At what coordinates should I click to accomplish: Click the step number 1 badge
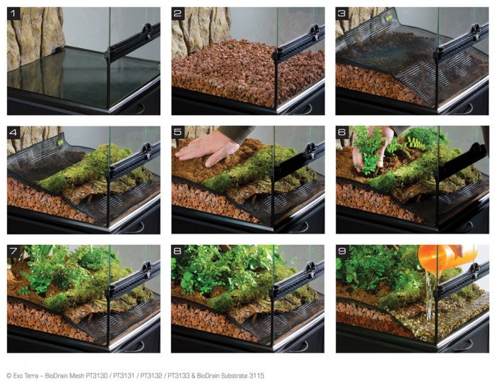pos(13,13)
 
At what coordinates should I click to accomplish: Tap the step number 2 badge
pos(177,13)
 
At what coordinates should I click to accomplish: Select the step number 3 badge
pos(342,13)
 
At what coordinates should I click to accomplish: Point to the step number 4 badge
pos(13,132)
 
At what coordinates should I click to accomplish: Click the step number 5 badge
pos(177,132)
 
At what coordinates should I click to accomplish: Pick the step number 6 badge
pos(342,132)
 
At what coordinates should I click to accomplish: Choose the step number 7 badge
pos(13,251)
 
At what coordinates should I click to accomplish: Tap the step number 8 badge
pos(177,251)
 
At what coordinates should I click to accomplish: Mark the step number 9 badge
pos(342,251)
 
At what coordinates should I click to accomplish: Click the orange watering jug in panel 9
pos(445,257)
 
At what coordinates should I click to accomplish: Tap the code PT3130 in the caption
pos(97,376)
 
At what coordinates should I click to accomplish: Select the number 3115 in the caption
pos(256,376)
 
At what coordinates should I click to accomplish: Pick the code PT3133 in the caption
pos(179,376)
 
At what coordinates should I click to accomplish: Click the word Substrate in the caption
pos(235,376)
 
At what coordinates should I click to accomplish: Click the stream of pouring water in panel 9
pos(429,295)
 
